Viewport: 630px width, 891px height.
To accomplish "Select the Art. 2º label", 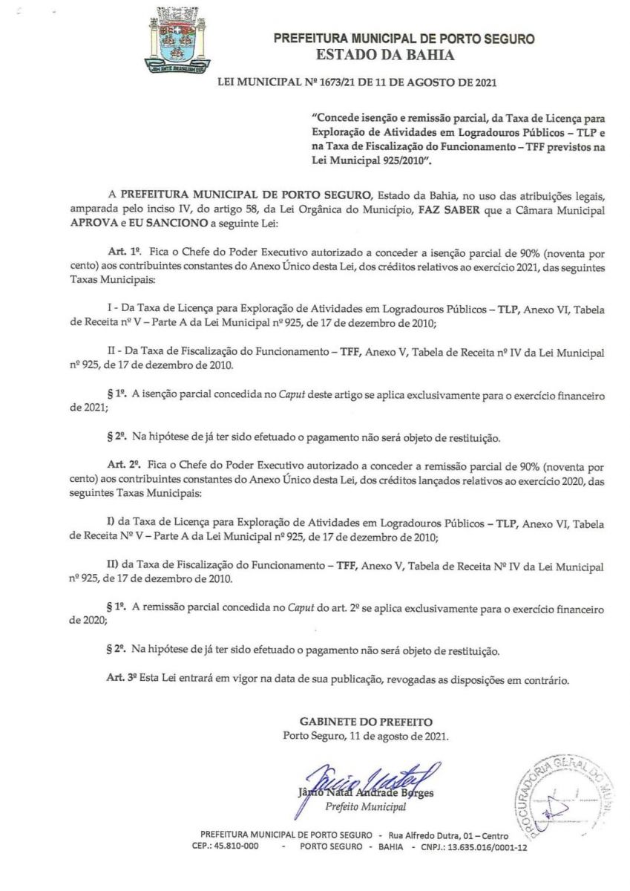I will point(122,469).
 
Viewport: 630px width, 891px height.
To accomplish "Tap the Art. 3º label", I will point(122,679).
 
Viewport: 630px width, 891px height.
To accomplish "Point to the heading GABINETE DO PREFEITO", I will point(365,721).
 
